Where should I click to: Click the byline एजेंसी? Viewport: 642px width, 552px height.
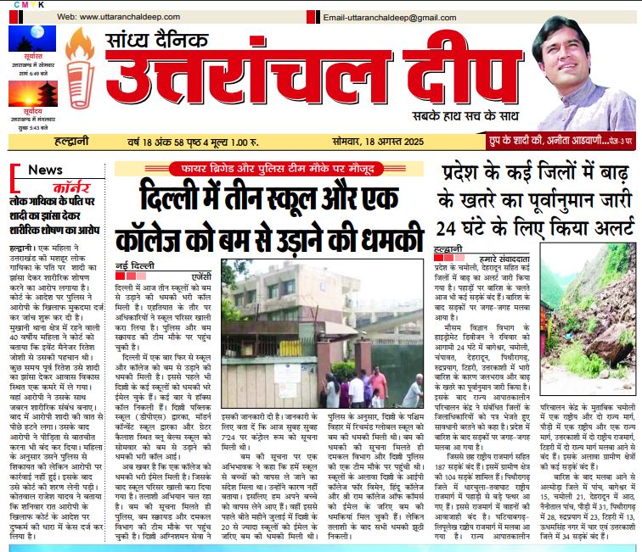[203, 252]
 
